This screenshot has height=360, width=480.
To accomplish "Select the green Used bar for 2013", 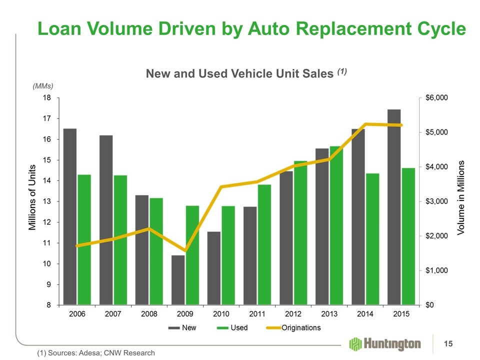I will click(x=336, y=225).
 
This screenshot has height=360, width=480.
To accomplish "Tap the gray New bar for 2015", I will click(x=394, y=207).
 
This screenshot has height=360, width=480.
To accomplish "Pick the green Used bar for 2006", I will click(x=84, y=239).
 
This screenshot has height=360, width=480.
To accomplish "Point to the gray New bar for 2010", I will click(x=213, y=268).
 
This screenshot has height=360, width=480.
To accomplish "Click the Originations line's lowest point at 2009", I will click(x=185, y=250).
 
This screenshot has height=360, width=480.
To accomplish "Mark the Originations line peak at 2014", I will click(x=366, y=124).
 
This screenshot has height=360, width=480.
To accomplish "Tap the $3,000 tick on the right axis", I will click(x=436, y=201).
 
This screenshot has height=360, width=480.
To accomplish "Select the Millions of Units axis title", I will click(x=32, y=197).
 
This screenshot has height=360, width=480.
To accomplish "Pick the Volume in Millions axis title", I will click(x=461, y=197).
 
